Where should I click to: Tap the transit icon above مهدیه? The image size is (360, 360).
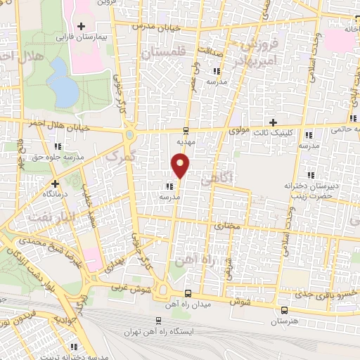tap(186, 130)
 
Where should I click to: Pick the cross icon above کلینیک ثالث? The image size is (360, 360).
tap(274, 122)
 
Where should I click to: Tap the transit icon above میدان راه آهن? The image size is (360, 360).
tap(187, 293)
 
